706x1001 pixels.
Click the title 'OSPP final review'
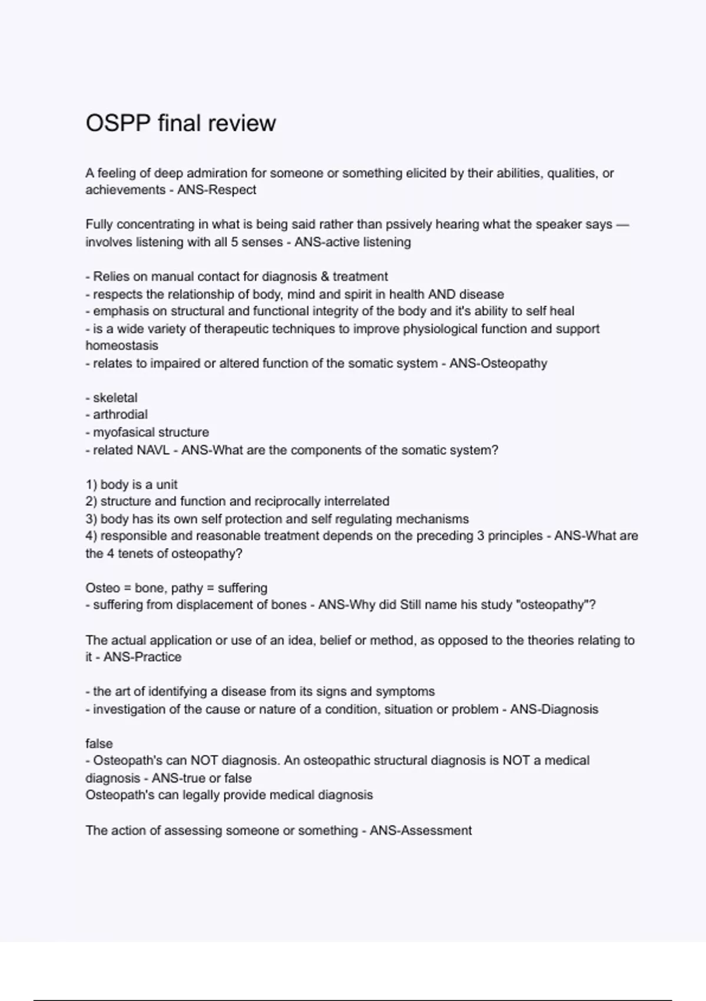[181, 123]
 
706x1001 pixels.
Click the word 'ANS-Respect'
[217, 190]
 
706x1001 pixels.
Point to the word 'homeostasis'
[122, 346]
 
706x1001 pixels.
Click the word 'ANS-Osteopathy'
[498, 363]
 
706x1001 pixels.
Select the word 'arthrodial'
[120, 415]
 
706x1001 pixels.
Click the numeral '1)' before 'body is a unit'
[91, 485]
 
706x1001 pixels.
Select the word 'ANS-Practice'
[142, 657]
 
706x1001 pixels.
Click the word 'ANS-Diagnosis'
[554, 710]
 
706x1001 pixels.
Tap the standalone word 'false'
[99, 744]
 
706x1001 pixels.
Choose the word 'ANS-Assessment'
[420, 831]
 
